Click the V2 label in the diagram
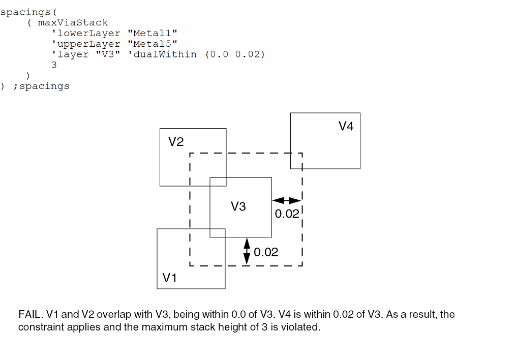click(176, 142)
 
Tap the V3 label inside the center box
click(238, 206)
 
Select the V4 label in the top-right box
click(346, 126)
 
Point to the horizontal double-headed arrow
click(287, 201)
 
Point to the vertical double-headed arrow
click(247, 251)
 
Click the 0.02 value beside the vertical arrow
click(266, 252)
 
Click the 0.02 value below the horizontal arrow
click(287, 214)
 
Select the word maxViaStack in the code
click(73, 22)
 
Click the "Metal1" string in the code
click(152, 33)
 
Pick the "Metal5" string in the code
click(152, 44)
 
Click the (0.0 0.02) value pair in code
click(235, 54)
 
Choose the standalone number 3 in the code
click(54, 65)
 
